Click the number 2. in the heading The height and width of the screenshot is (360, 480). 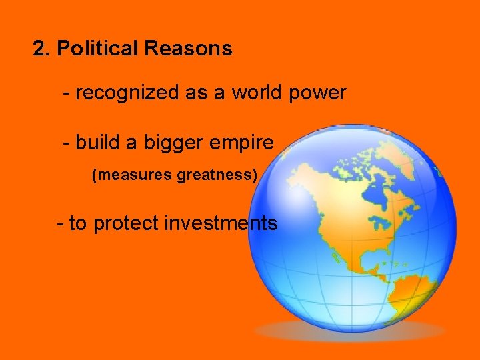(42, 49)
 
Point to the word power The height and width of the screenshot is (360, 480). (318, 93)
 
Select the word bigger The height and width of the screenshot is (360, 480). (160, 143)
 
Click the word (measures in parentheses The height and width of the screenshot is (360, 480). (131, 176)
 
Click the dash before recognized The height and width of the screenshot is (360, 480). (66, 93)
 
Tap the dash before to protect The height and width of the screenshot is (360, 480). (61, 223)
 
